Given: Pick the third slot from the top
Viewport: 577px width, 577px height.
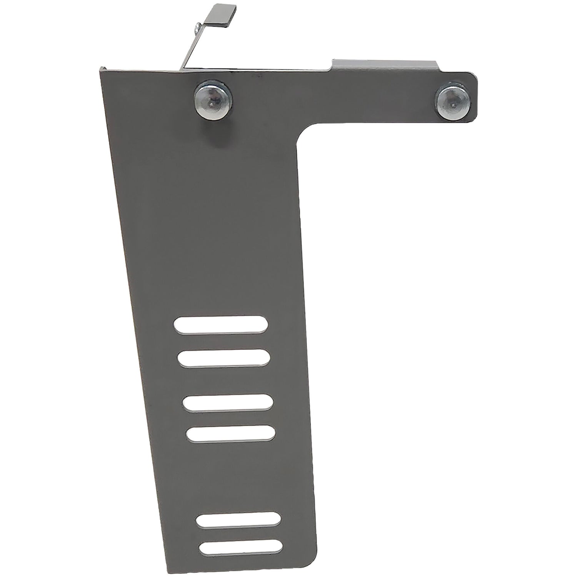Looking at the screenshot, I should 228,402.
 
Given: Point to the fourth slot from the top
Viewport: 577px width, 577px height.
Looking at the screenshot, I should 231,433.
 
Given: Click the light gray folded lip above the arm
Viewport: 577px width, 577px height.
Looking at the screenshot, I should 385,63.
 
